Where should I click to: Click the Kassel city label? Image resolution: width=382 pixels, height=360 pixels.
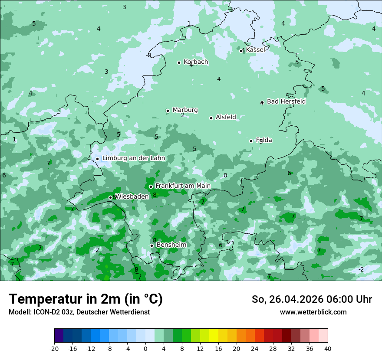coord(255,50)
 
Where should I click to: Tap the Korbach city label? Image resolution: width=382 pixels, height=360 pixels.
coord(196,62)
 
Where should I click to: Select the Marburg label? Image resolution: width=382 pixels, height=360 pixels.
coord(185,110)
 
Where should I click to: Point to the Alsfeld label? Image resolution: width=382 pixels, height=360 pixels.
coord(226,117)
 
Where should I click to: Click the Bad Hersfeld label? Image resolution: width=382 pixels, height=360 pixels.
coord(286,101)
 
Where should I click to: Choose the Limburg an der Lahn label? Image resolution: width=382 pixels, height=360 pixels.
coord(133,158)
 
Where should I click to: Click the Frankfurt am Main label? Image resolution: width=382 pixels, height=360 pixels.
coord(183,186)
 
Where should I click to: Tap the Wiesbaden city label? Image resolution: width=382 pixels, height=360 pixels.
coord(132,196)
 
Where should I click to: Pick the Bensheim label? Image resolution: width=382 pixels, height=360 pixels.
coord(171,245)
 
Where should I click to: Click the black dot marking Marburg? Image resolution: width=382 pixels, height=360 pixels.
coord(168,111)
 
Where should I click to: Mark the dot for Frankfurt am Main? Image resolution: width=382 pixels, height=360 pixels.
coord(151,187)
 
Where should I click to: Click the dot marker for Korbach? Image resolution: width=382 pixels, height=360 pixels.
coord(179,62)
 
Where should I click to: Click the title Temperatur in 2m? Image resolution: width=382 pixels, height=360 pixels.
coord(86,299)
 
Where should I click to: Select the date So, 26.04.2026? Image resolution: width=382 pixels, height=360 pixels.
coord(287,299)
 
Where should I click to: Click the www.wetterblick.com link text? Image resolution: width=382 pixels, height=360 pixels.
coord(313,312)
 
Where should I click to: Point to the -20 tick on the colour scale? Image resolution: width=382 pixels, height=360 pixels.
coord(54,349)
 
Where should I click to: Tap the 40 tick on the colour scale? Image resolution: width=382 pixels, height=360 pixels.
coord(328,349)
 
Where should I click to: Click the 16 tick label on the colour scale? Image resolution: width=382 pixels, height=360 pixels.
coord(218,349)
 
